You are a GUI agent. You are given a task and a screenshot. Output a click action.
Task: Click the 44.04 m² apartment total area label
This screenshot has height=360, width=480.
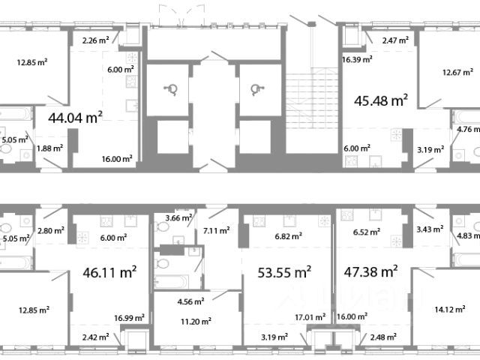tap(75, 118)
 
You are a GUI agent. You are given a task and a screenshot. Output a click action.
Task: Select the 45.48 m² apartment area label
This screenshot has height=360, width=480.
tap(381, 100)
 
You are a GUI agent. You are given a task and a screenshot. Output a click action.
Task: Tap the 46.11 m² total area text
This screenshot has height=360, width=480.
tap(109, 272)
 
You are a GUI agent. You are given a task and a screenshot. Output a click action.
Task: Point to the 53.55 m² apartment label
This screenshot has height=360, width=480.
tap(284, 272)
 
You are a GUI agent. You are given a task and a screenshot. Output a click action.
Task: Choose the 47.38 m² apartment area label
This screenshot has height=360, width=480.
tap(370, 271)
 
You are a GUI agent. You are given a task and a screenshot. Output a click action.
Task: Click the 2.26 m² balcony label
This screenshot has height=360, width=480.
tap(96, 40)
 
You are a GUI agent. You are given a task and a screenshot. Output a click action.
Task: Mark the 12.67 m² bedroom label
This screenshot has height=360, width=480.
tap(457, 73)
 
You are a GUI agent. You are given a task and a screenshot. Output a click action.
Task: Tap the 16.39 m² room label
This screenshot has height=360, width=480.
tap(357, 59)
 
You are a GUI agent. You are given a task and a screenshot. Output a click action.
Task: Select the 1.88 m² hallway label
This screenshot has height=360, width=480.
tap(50, 148)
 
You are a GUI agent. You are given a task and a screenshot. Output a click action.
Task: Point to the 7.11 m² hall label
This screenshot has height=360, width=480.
tap(217, 230)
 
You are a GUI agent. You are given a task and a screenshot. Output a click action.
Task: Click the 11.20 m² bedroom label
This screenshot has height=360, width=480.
tap(196, 322)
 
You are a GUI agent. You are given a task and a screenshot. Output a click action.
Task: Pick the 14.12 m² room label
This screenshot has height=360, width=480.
tap(450, 310)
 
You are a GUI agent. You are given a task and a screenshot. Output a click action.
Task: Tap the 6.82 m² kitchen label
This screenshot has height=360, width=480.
tap(288, 236)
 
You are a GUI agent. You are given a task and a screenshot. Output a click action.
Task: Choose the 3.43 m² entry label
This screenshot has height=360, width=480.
tap(430, 229)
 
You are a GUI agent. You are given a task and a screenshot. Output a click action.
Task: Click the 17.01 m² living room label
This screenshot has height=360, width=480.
tap(310, 317)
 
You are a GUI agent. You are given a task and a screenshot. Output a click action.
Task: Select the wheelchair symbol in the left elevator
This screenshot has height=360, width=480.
tap(171, 90)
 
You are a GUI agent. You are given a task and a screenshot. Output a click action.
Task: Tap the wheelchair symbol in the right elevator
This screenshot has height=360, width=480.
tap(257, 90)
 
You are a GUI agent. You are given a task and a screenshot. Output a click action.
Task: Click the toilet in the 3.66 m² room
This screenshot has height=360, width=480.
tap(162, 226)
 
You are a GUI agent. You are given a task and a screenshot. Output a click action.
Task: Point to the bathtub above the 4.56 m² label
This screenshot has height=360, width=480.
tap(172, 282)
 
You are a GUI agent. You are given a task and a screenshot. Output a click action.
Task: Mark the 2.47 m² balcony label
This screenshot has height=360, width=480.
tap(395, 40)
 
